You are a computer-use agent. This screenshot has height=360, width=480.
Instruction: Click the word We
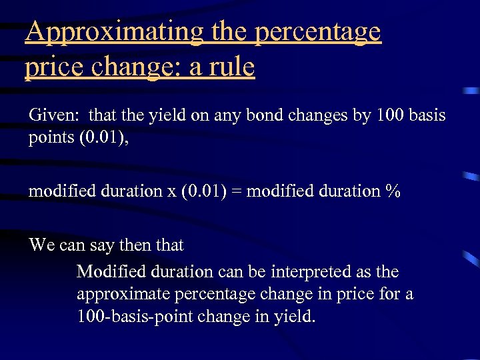pyautogui.click(x=41, y=245)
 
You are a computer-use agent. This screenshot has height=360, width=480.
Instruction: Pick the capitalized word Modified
pyautogui.click(x=109, y=272)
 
